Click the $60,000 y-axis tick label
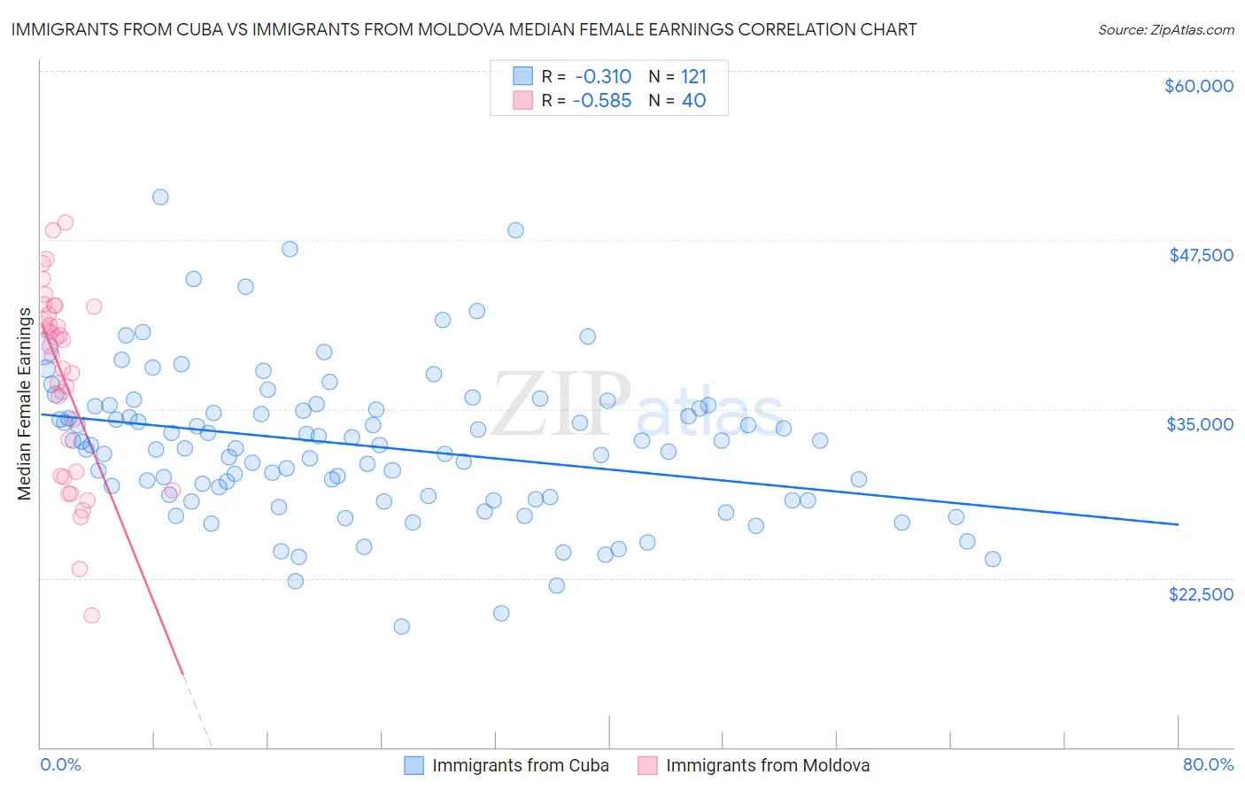pos(1198,86)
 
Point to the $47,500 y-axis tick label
pos(1201,255)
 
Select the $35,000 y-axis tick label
pos(1200,424)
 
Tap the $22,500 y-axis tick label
pos(1201,594)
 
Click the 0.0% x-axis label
pos(60,764)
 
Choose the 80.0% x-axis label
pos(1208,764)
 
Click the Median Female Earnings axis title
pos(25,404)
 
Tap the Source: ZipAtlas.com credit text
pos(1165,29)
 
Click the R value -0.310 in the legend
pos(602,77)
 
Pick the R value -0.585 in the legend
pos(602,101)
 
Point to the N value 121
pos(693,77)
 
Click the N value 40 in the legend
pos(693,101)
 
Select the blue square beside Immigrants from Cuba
pos(414,765)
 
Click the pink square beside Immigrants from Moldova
pos(647,765)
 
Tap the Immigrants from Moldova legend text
pos(768,765)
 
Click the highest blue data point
pos(160,197)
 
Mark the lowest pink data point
pos(91,616)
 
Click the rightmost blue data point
pos(993,559)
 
